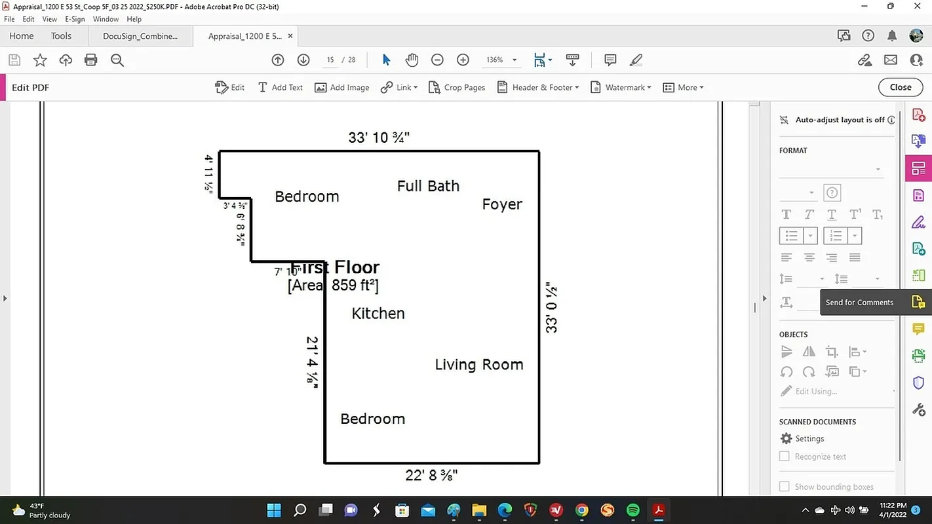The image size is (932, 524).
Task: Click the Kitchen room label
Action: click(378, 314)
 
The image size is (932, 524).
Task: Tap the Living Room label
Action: click(479, 365)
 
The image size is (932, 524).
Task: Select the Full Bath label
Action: click(428, 186)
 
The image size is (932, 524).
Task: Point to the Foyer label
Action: click(502, 204)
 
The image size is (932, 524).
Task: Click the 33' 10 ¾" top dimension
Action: click(379, 138)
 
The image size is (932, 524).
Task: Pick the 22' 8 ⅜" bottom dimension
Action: click(431, 476)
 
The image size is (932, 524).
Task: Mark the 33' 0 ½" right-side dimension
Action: click(552, 309)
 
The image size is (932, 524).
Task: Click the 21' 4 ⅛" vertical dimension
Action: click(312, 362)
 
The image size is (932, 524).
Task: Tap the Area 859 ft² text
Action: click(333, 286)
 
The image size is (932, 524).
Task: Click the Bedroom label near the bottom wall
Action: click(372, 419)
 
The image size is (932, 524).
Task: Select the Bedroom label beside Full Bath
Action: click(307, 196)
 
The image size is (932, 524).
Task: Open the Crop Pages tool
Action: click(457, 88)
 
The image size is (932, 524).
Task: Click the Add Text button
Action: click(280, 88)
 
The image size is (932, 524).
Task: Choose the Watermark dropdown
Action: click(621, 88)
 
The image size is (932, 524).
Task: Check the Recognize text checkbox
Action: click(784, 457)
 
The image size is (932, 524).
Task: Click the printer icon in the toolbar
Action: click(91, 60)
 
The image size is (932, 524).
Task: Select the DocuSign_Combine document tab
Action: click(140, 36)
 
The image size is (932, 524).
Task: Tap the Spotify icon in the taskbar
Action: click(632, 510)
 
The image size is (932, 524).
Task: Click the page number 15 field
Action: click(330, 60)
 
